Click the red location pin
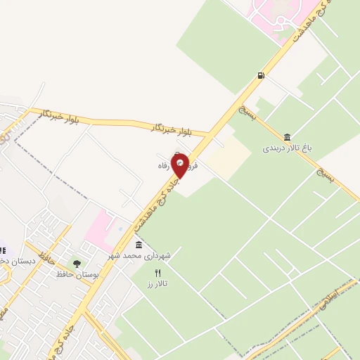180,166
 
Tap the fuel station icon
262,75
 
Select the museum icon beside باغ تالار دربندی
287,137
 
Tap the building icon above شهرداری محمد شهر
138,245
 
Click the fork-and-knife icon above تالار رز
157,273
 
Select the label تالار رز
155,284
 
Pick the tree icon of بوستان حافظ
77,264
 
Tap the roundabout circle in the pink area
278,22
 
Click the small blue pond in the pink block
120,229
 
